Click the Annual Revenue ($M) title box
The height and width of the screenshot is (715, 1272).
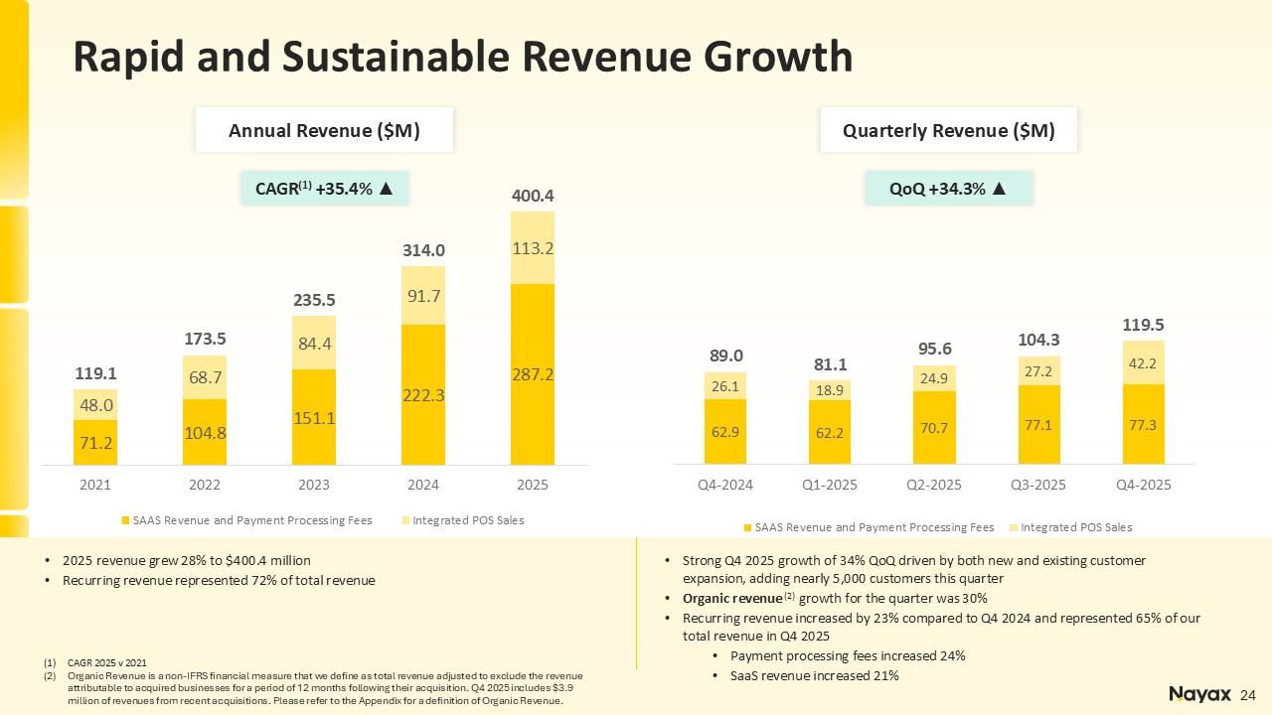click(324, 130)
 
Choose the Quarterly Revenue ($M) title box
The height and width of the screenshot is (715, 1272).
click(948, 130)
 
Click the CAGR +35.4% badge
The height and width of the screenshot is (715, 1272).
click(324, 189)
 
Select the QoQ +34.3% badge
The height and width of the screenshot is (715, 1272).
click(948, 189)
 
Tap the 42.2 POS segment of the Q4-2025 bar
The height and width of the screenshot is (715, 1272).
click(1144, 362)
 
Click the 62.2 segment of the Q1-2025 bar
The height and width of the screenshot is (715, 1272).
click(830, 433)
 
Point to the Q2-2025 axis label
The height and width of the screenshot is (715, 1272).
click(934, 486)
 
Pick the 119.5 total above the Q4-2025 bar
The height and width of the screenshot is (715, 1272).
click(1144, 325)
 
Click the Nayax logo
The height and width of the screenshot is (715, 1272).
click(1199, 694)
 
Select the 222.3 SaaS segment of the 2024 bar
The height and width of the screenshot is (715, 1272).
click(423, 395)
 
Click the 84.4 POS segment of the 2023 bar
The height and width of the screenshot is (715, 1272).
click(314, 344)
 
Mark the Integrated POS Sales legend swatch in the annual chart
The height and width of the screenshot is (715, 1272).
click(404, 520)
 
